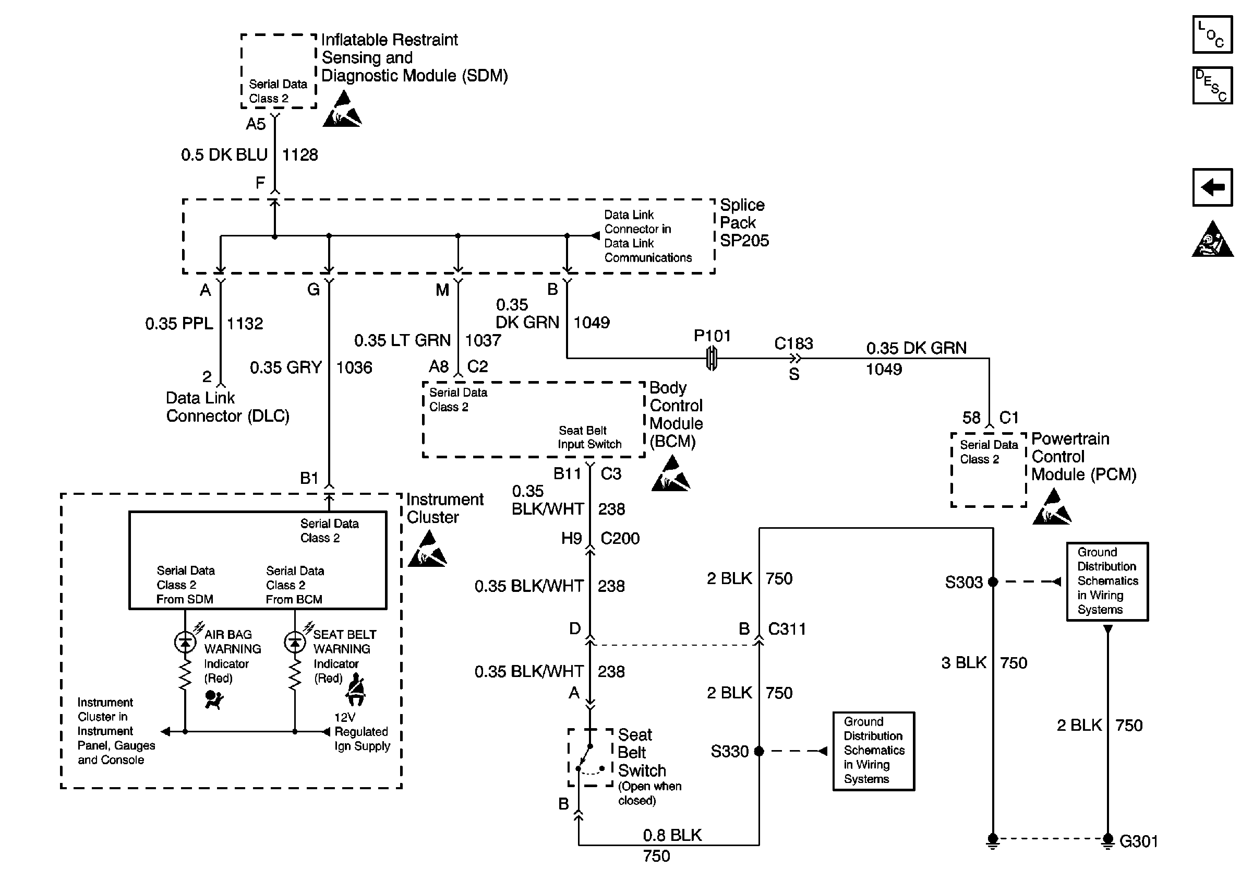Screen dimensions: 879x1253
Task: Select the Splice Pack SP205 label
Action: (744, 223)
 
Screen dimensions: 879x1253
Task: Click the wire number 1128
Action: (299, 155)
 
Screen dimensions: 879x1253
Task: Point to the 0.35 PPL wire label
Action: (179, 324)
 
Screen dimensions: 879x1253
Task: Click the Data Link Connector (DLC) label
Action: (227, 407)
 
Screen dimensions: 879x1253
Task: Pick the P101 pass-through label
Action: (712, 336)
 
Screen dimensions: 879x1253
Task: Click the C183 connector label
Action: (793, 343)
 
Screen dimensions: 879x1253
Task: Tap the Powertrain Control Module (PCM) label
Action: (1083, 457)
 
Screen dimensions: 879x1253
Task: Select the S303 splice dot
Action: (993, 582)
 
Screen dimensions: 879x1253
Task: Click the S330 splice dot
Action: (758, 751)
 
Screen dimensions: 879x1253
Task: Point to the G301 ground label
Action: (1138, 841)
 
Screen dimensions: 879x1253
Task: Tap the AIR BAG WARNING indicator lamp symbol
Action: (185, 642)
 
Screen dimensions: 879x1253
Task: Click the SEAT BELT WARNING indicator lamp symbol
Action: (295, 642)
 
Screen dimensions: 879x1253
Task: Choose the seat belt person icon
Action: (356, 690)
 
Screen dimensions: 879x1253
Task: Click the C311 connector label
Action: (787, 629)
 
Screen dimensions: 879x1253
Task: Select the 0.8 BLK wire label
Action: (672, 835)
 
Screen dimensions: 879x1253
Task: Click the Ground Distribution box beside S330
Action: (873, 751)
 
